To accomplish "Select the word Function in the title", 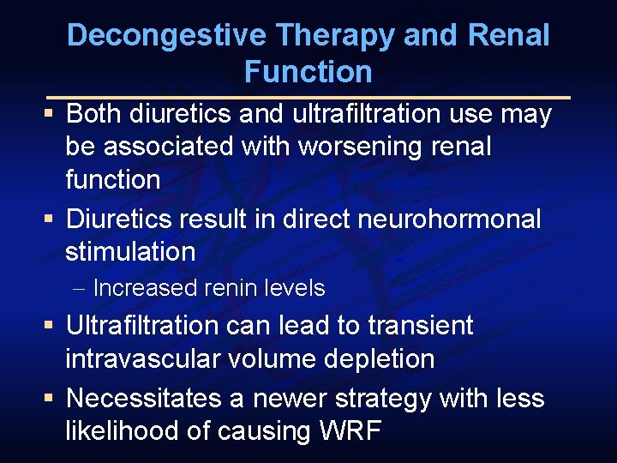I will click(x=308, y=72).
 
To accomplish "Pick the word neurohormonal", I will click(x=437, y=219).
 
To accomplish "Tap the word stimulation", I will click(x=130, y=252).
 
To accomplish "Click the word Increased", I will click(x=145, y=288).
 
